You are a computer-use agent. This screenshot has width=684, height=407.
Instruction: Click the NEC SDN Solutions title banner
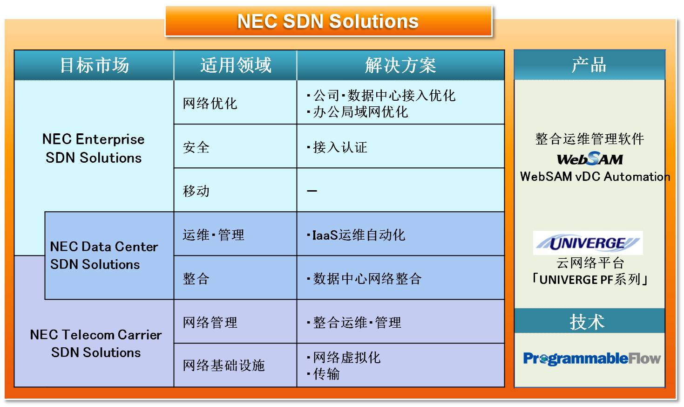pos(329,21)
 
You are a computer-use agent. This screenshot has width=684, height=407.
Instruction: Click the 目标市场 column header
pos(94,65)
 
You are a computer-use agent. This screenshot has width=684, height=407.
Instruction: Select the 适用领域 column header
pos(236,65)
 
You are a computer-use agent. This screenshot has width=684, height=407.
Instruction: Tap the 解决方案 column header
pos(400,65)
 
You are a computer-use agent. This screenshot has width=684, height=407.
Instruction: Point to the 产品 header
pos(589,65)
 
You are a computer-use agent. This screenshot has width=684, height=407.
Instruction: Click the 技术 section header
pos(589,321)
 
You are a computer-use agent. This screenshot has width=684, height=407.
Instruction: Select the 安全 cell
pos(196,147)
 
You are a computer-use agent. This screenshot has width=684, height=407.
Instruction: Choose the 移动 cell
pos(196,191)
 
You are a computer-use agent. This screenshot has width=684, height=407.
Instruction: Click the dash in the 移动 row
pos(312,191)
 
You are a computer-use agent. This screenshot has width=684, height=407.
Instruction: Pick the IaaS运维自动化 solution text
pos(356,235)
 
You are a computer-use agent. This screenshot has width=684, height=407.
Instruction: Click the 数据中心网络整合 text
pos(364,279)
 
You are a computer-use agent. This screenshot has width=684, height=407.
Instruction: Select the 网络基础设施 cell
pos(223,366)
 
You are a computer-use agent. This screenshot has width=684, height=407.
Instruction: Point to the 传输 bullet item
pos(323,374)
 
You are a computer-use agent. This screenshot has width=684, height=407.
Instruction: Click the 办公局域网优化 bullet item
pos(357,112)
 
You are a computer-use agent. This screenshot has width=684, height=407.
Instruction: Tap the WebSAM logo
pos(589,159)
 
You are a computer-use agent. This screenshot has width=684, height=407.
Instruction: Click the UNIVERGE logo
pos(588,243)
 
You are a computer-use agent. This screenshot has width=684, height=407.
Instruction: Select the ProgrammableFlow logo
pos(592,359)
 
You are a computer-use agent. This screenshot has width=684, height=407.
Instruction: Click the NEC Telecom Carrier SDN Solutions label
pos(96,344)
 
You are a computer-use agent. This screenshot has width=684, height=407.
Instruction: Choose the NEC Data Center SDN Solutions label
pos(104,255)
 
